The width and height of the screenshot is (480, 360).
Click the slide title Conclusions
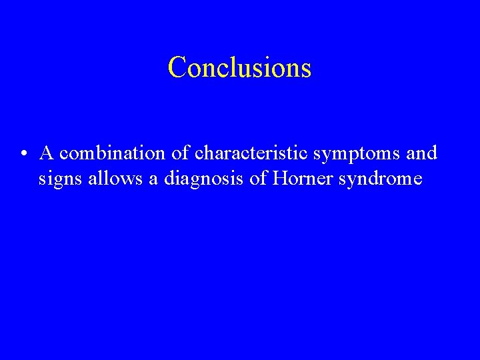coord(239,67)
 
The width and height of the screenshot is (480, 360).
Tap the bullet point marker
coord(24,155)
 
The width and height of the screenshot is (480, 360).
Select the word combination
coord(113,153)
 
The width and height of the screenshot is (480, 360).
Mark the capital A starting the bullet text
coord(47,153)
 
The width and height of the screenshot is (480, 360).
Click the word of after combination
coord(179,153)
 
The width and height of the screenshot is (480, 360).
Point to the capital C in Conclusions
coord(177,67)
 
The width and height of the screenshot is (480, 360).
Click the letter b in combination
coord(109,153)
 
